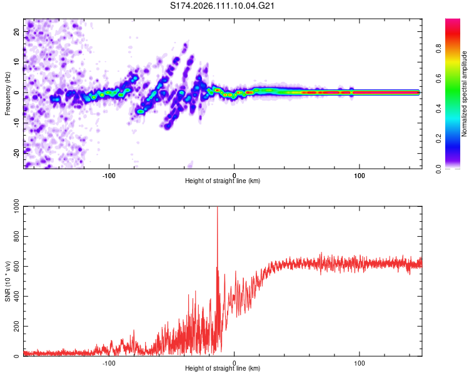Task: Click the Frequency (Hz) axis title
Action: tap(8, 93)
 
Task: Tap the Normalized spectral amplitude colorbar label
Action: tap(465, 93)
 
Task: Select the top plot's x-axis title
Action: tap(223, 181)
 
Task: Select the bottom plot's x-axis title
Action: tap(223, 368)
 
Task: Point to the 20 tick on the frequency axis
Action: tap(18, 31)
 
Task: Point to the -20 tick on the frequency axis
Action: tap(18, 153)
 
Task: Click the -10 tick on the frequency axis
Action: tap(18, 122)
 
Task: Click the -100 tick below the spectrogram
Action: tap(109, 175)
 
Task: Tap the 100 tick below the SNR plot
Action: tap(360, 362)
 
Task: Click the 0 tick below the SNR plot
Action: tap(234, 362)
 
